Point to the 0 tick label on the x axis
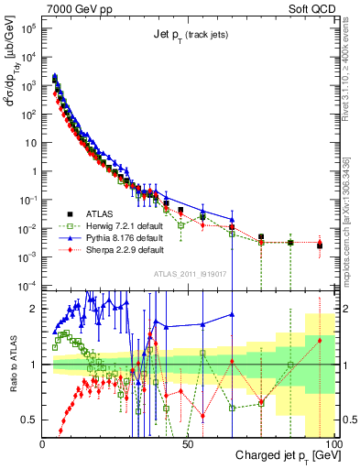(x=42, y=443)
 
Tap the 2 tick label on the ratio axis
(x=34, y=309)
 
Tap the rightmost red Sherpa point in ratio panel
(x=320, y=341)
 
